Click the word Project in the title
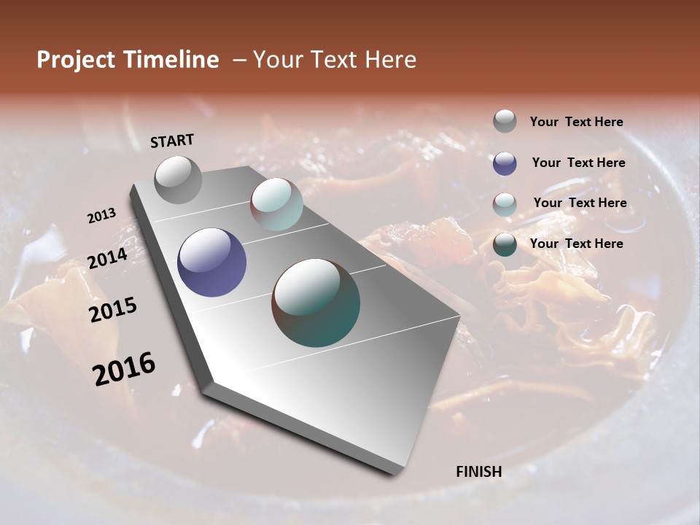click(75, 61)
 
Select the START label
click(172, 141)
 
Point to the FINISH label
click(479, 472)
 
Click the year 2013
click(101, 216)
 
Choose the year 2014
click(107, 259)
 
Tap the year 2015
click(113, 310)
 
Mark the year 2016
click(125, 369)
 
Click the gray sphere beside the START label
click(179, 179)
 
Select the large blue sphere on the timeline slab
click(212, 262)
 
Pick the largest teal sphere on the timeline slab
click(316, 302)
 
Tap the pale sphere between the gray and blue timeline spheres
click(276, 204)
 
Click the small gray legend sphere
click(505, 121)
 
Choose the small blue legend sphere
click(505, 163)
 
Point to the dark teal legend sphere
click(505, 245)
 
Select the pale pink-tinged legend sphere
click(505, 204)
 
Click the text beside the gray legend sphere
click(577, 122)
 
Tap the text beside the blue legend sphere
click(579, 163)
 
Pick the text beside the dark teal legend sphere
click(577, 244)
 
